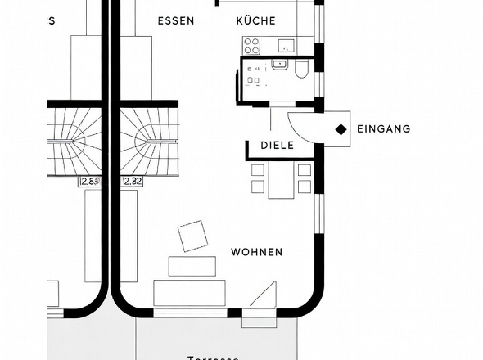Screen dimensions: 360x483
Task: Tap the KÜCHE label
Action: pos(255,20)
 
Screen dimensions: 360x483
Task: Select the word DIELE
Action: pos(277,146)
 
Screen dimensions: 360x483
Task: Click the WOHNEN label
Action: pos(256,252)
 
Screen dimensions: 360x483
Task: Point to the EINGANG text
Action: pos(384,129)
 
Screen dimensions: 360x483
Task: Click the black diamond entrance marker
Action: pos(339,129)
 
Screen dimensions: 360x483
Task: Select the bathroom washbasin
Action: pos(281,64)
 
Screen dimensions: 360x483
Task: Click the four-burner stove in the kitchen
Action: pos(254,75)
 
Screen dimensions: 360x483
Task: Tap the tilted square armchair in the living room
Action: pos(193,236)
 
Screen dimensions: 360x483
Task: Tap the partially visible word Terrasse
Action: pos(213,357)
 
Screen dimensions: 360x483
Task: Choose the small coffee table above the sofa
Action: pos(192,266)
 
